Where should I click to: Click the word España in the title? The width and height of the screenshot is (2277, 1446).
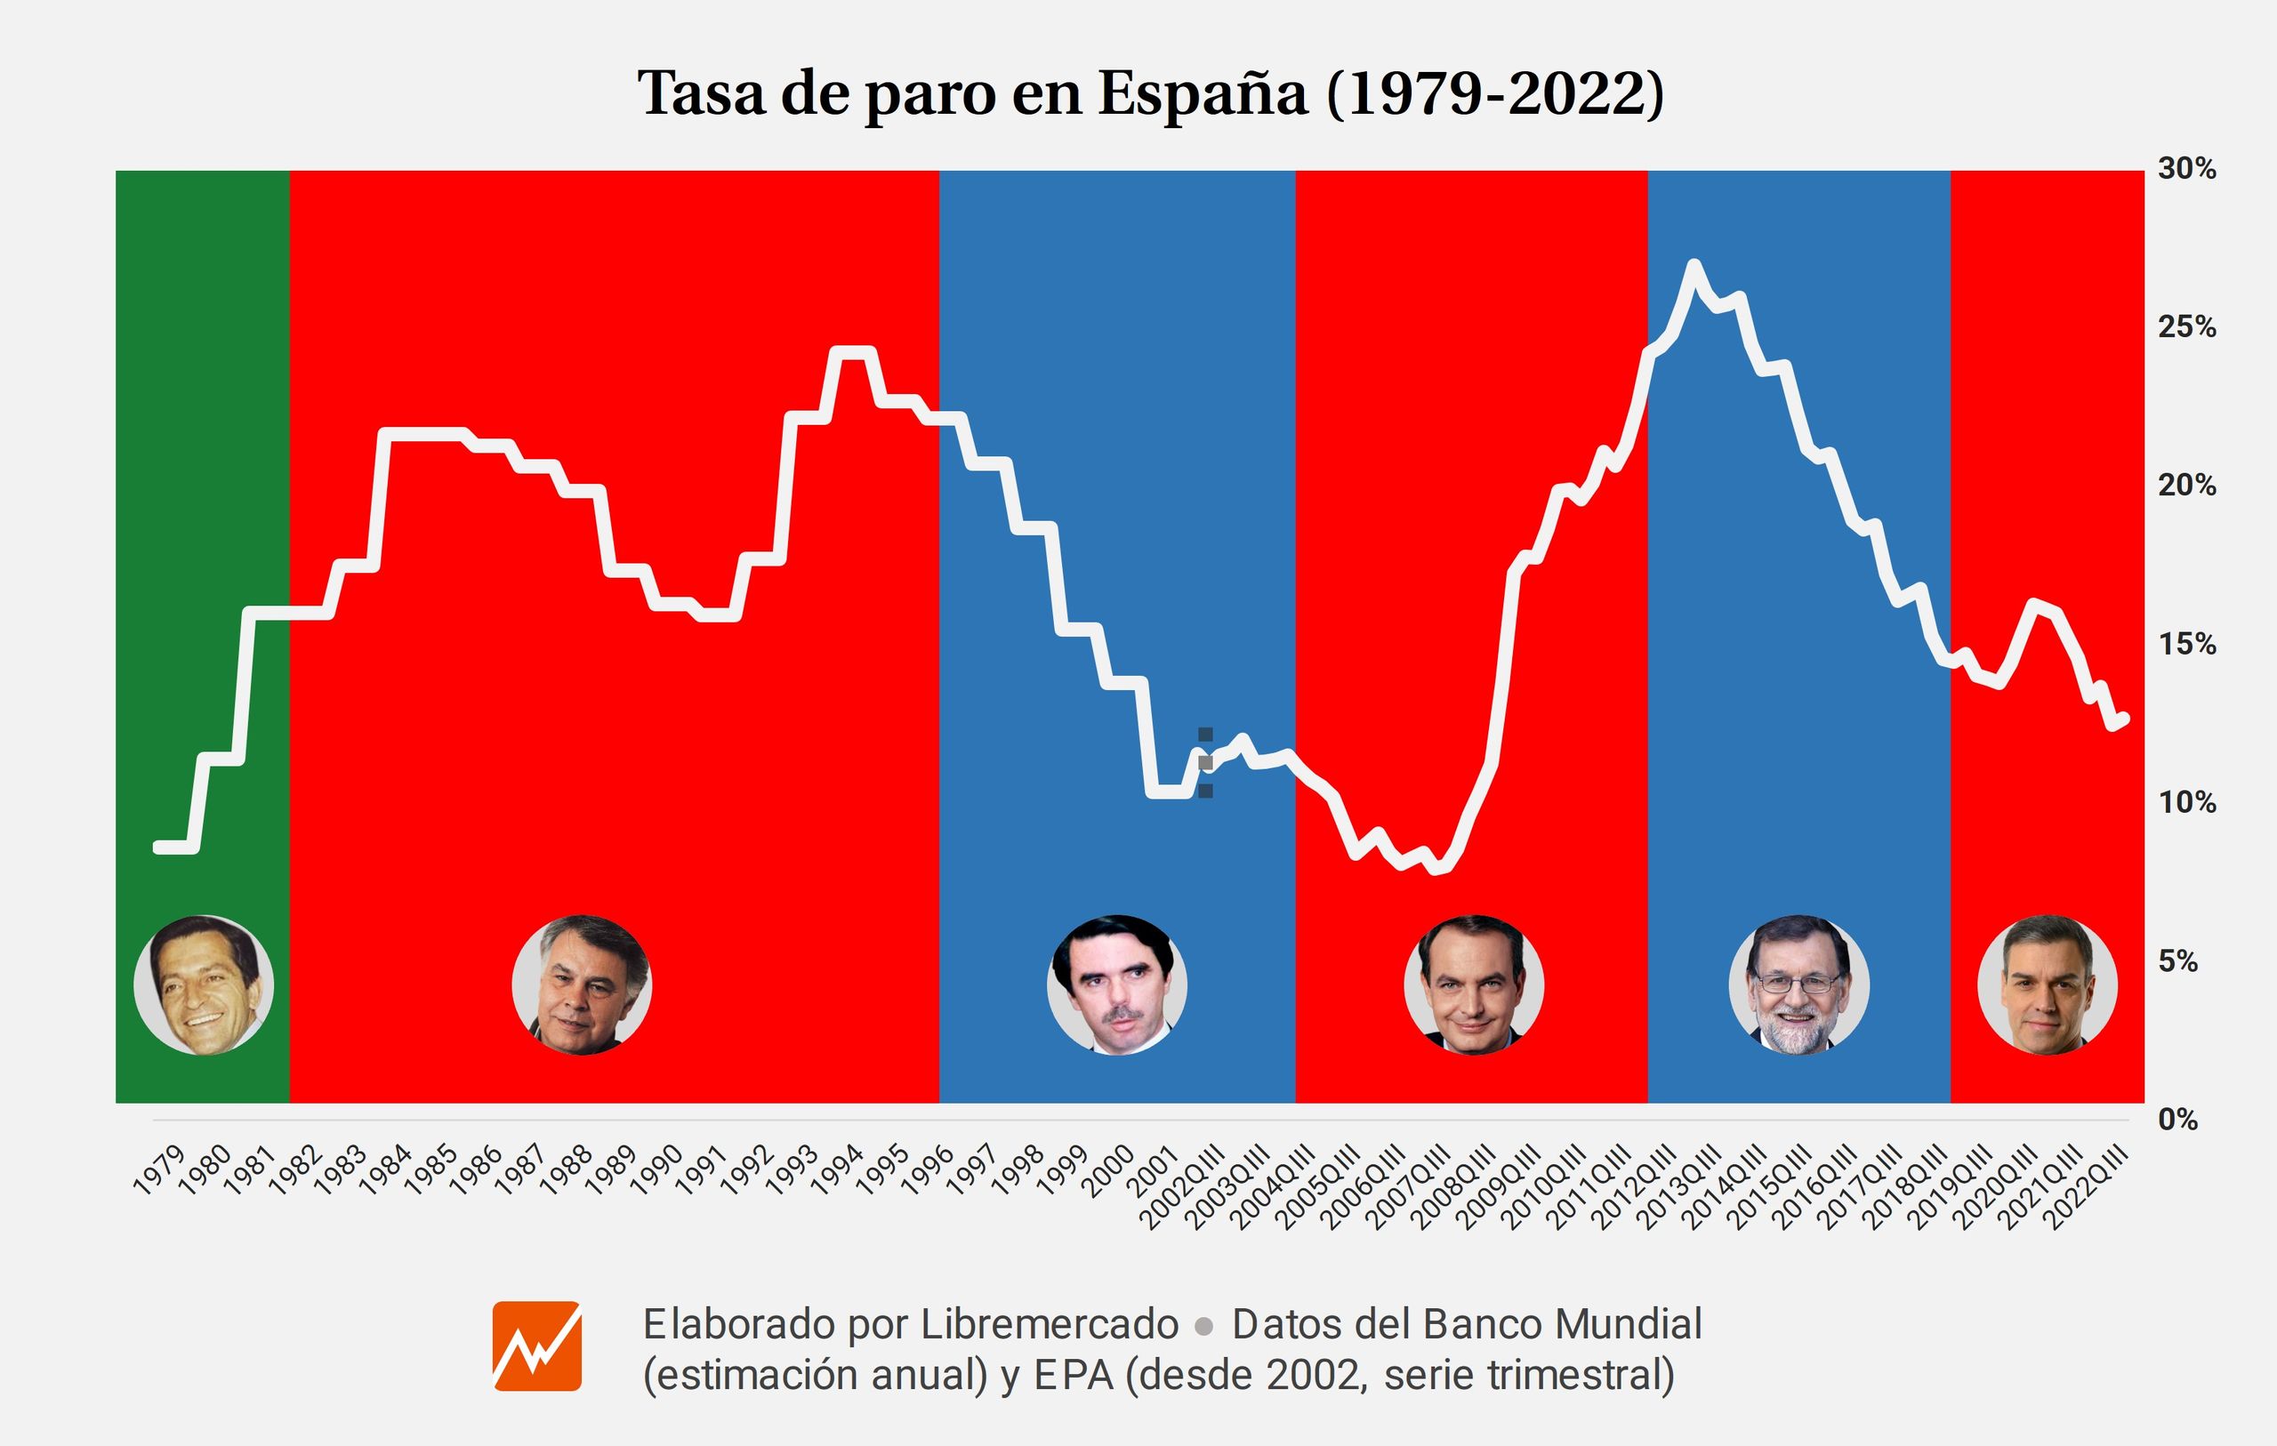point(1202,93)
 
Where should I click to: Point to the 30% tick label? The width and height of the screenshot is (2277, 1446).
point(2186,169)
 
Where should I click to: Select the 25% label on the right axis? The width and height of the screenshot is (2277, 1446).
point(2186,327)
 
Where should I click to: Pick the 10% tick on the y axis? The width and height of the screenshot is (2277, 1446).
point(2186,803)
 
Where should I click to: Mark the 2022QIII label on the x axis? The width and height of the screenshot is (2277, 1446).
point(2087,1187)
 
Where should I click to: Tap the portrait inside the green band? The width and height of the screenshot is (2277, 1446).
point(204,984)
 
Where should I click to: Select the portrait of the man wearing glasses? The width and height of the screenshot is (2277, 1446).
point(1798,984)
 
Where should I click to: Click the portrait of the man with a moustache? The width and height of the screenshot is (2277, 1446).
point(1117,984)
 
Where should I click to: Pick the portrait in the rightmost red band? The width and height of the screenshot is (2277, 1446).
point(2048,984)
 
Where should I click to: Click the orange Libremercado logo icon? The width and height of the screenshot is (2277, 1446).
point(537,1346)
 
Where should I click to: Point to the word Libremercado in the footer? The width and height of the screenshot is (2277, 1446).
point(1050,1324)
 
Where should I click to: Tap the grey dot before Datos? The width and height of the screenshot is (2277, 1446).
point(1203,1327)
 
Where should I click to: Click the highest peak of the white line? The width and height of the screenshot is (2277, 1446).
point(1694,264)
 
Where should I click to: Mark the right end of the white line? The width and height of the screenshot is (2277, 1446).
point(2124,719)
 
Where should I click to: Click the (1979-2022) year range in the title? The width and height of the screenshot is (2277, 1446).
point(1495,93)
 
